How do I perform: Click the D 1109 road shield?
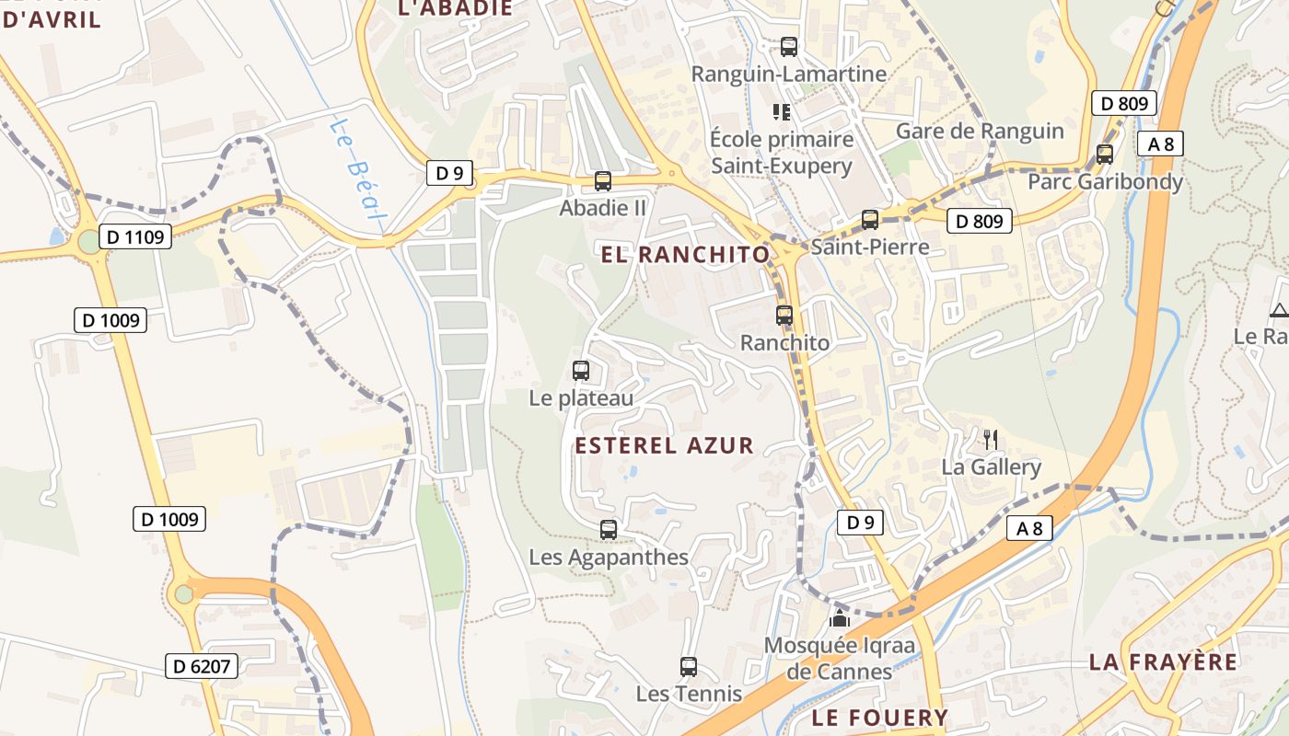[134, 237]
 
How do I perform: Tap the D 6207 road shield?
[202, 666]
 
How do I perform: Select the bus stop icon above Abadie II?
[603, 181]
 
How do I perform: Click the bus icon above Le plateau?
[581, 371]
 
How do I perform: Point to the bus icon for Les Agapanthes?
[608, 530]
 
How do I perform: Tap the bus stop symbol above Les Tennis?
[689, 667]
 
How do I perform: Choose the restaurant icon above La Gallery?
[991, 440]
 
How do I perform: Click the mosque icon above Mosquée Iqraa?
[839, 618]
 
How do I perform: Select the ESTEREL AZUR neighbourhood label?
[664, 446]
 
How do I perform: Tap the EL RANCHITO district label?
[685, 255]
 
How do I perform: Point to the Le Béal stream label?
[354, 171]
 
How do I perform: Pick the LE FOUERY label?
[879, 718]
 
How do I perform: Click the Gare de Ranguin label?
[980, 131]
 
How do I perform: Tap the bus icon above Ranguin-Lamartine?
[788, 46]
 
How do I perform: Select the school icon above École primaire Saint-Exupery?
[782, 112]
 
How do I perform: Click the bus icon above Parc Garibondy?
[1105, 155]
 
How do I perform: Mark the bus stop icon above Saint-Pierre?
[870, 219]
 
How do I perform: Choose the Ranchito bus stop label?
[785, 342]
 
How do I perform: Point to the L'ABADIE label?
[454, 8]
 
